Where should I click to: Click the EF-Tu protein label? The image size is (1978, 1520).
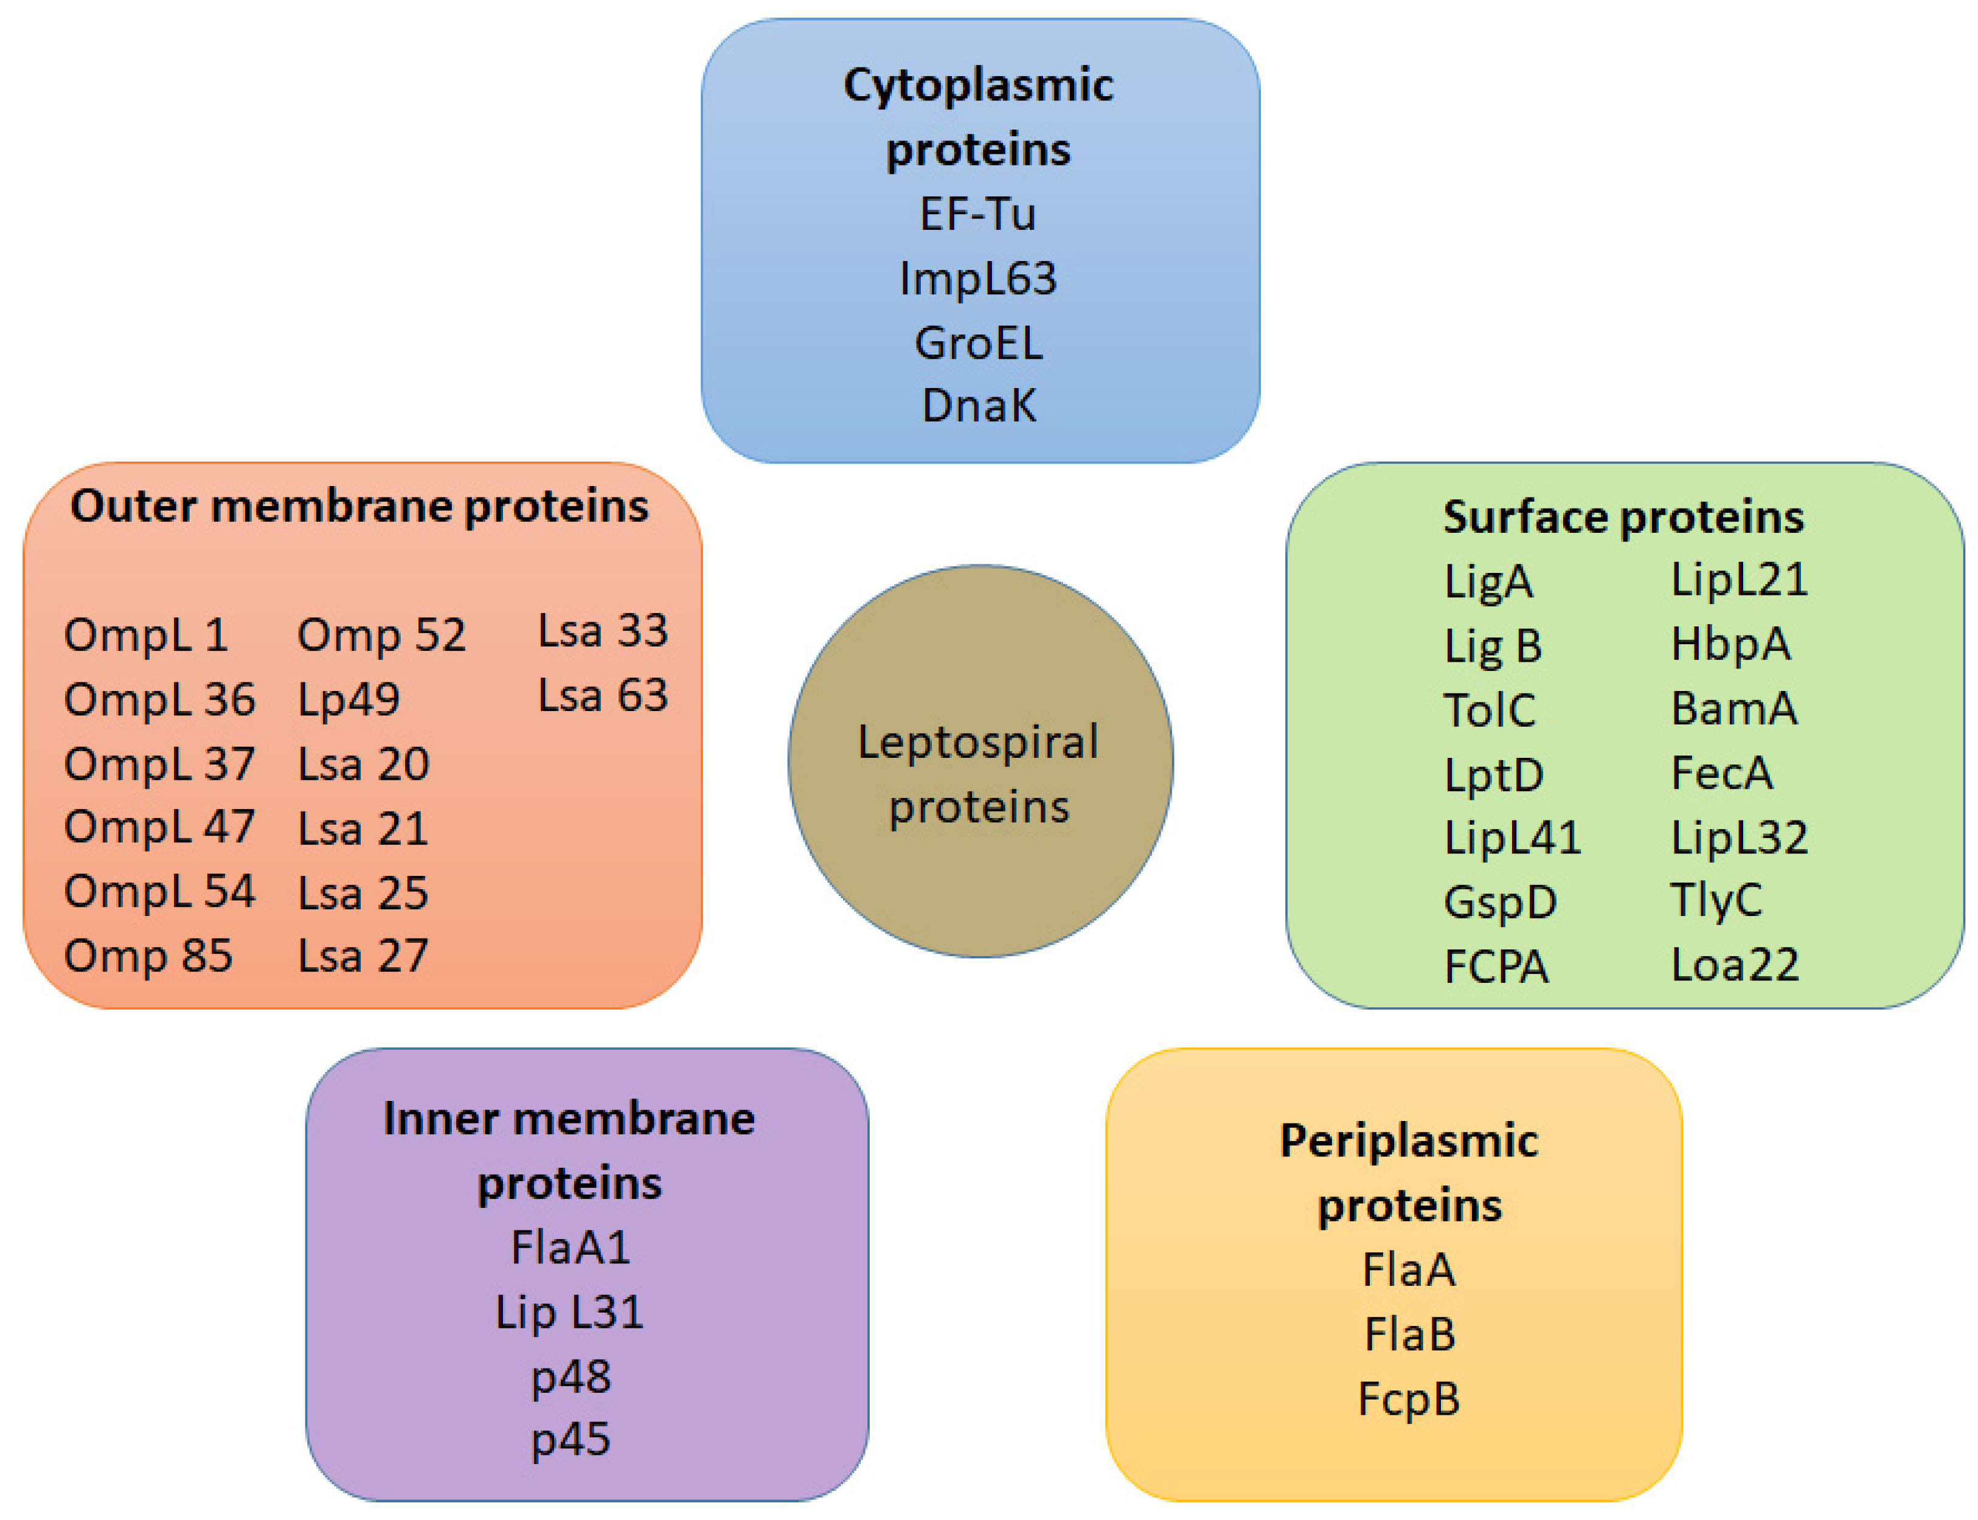(x=977, y=215)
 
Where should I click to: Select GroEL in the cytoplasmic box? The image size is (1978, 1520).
(x=978, y=343)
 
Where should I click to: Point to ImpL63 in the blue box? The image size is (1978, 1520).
(x=977, y=279)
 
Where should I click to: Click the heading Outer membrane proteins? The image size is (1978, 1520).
(x=359, y=506)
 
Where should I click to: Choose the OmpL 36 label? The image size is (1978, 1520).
(x=159, y=699)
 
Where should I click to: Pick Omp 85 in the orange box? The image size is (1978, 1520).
(x=147, y=956)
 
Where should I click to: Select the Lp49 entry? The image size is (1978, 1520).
(x=349, y=699)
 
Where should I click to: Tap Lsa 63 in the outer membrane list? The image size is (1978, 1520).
(x=603, y=695)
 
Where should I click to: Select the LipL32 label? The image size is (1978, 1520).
(x=1738, y=837)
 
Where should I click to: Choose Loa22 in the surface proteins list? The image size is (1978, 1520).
(x=1733, y=965)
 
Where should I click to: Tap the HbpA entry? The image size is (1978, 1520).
(x=1729, y=644)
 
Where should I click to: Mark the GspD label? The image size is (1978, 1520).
(x=1499, y=902)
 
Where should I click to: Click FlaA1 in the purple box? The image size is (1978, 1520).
(x=570, y=1248)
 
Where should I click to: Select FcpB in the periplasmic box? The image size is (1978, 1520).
(x=1408, y=1399)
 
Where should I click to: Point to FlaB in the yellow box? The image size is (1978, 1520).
(x=1409, y=1334)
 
